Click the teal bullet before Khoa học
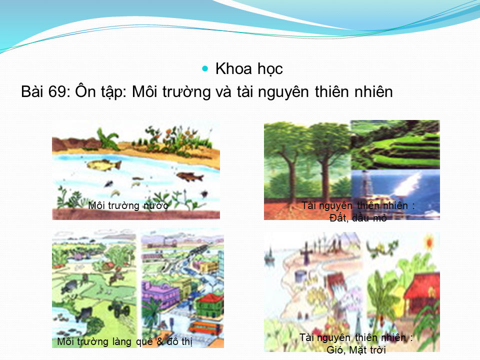pyautogui.click(x=205, y=68)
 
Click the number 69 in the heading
pyautogui.click(x=57, y=91)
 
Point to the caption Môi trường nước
pyautogui.click(x=128, y=205)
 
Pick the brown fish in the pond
pyautogui.click(x=190, y=176)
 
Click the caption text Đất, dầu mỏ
pyautogui.click(x=358, y=218)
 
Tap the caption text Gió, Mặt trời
pyautogui.click(x=356, y=349)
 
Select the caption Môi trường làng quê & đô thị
pyautogui.click(x=124, y=341)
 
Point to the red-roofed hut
pyautogui.click(x=422, y=291)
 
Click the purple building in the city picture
pyautogui.click(x=160, y=293)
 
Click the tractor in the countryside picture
pyautogui.click(x=119, y=308)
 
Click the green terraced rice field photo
pyautogui.click(x=395, y=145)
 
